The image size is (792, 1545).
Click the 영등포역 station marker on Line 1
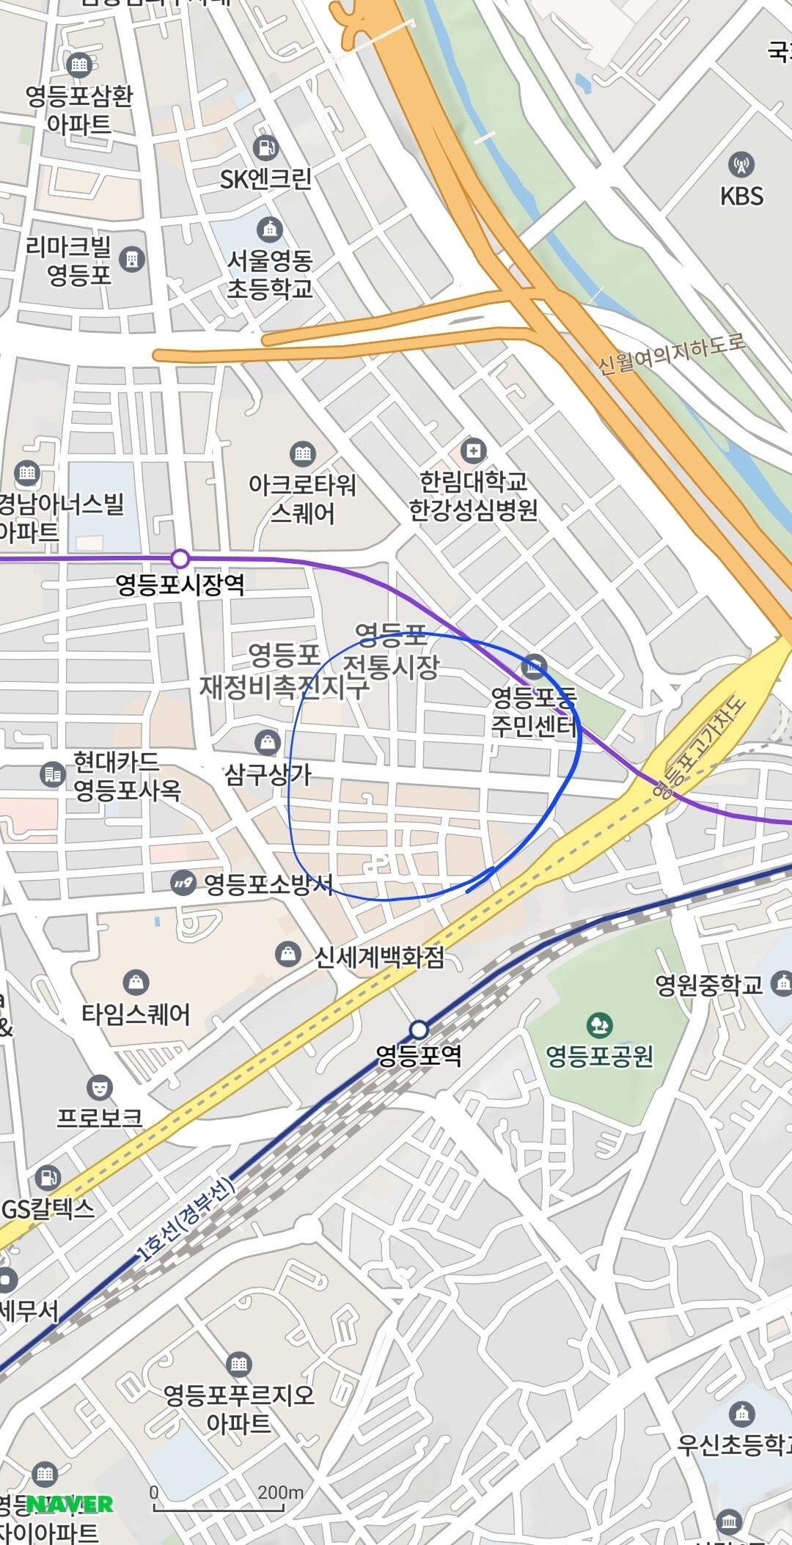419,1030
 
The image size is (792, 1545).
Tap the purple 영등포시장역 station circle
180,559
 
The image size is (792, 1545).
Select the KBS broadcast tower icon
741,164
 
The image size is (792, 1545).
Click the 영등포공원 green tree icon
599,1025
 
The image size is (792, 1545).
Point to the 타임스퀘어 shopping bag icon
136,982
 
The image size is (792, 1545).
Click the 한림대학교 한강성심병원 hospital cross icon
473,449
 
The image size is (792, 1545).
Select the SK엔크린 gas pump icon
265,147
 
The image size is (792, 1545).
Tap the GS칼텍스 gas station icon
48,1178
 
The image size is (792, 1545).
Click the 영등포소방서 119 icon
183,883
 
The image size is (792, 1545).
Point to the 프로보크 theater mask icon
99,1087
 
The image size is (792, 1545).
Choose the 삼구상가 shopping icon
268,742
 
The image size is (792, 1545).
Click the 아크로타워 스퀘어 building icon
302,453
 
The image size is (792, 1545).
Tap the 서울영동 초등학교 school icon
270,230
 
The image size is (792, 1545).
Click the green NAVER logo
70,1505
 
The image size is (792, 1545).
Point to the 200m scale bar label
280,1493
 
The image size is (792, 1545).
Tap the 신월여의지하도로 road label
671,354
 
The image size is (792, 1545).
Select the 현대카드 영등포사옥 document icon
52,774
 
